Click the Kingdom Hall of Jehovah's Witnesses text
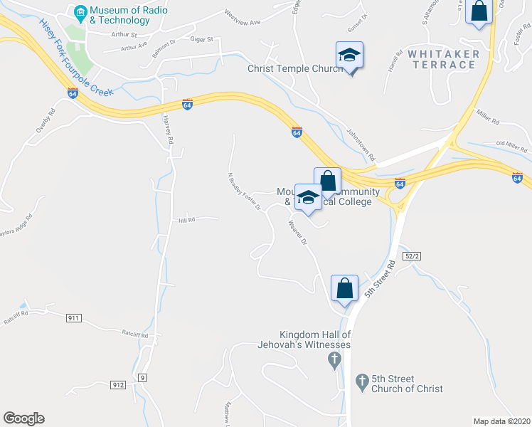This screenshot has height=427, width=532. [315, 340]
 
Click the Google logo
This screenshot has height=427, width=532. [23, 418]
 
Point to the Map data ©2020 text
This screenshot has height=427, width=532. [501, 421]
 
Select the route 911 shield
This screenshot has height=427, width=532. [73, 317]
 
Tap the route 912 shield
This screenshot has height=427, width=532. [118, 385]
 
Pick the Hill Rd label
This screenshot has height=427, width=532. [187, 219]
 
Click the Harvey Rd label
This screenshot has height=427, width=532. [168, 130]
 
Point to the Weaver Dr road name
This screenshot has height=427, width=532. [297, 233]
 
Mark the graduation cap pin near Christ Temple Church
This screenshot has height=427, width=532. [349, 56]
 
